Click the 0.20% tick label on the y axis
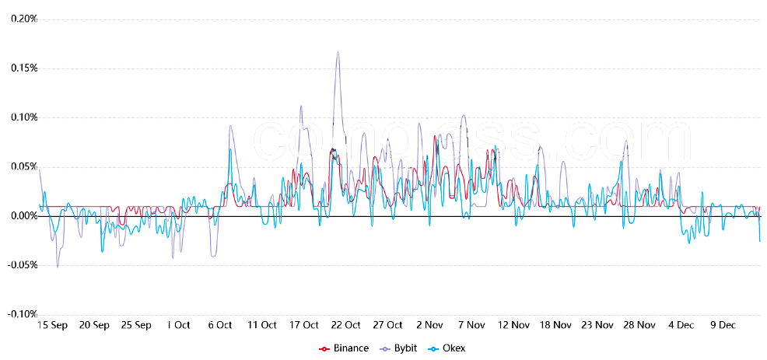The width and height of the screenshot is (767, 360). click(24, 19)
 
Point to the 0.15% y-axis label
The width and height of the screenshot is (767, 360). click(24, 68)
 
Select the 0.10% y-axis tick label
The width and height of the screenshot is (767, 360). click(24, 117)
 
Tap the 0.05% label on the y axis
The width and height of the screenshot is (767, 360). click(24, 166)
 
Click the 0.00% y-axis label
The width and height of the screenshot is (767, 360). click(24, 215)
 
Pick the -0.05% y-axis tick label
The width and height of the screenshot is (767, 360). click(23, 265)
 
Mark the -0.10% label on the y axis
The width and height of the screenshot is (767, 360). click(23, 314)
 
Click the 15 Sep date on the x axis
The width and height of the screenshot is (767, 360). click(53, 325)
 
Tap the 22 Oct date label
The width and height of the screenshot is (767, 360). click(345, 325)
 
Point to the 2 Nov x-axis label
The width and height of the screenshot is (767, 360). click(429, 325)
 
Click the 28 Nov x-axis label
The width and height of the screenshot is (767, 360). click(640, 325)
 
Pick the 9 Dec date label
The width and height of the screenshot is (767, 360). click(724, 325)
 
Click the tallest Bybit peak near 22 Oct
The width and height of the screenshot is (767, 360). click(338, 52)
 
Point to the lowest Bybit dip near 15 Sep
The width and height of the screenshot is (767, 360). click(57, 267)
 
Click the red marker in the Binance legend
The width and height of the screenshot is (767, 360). click(324, 348)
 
